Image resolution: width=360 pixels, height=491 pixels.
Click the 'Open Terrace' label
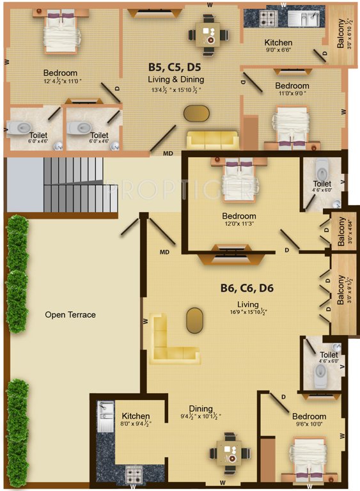[x=70, y=315]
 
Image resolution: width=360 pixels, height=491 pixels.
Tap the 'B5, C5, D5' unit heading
[x=175, y=66]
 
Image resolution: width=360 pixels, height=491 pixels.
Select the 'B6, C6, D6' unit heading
[x=247, y=288]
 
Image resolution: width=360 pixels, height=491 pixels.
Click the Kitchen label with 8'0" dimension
[x=136, y=416]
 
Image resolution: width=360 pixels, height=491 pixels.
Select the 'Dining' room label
[x=201, y=409]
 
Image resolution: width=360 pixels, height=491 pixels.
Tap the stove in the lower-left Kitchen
[x=133, y=474]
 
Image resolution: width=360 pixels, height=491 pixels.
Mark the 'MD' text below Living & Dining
[x=168, y=153]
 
